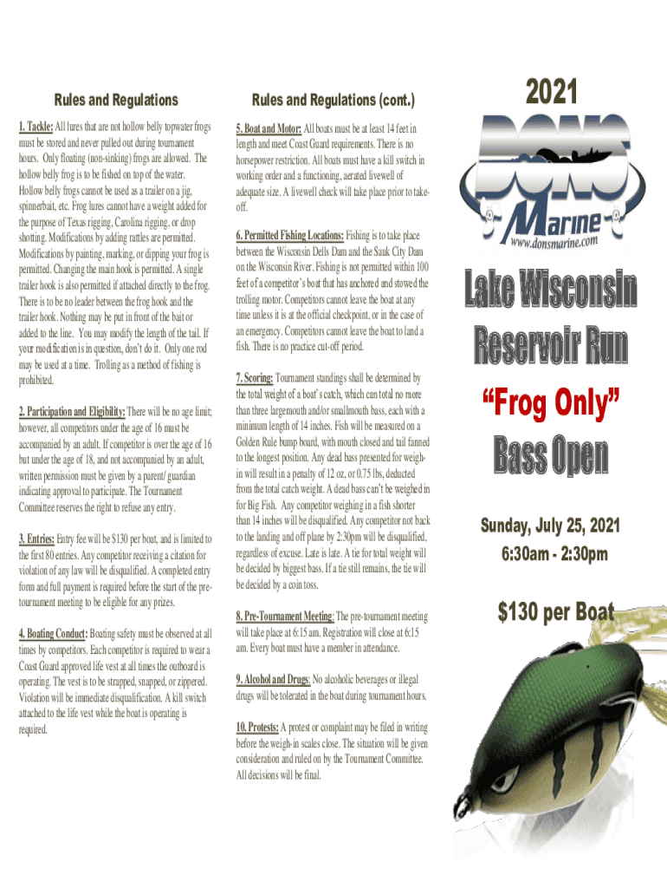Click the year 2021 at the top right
(551, 93)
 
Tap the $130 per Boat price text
(555, 613)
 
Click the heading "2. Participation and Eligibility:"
(72, 411)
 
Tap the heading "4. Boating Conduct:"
(53, 634)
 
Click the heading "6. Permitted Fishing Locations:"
(290, 235)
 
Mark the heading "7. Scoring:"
(255, 378)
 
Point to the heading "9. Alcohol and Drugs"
(272, 679)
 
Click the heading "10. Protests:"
(256, 727)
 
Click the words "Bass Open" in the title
(550, 457)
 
